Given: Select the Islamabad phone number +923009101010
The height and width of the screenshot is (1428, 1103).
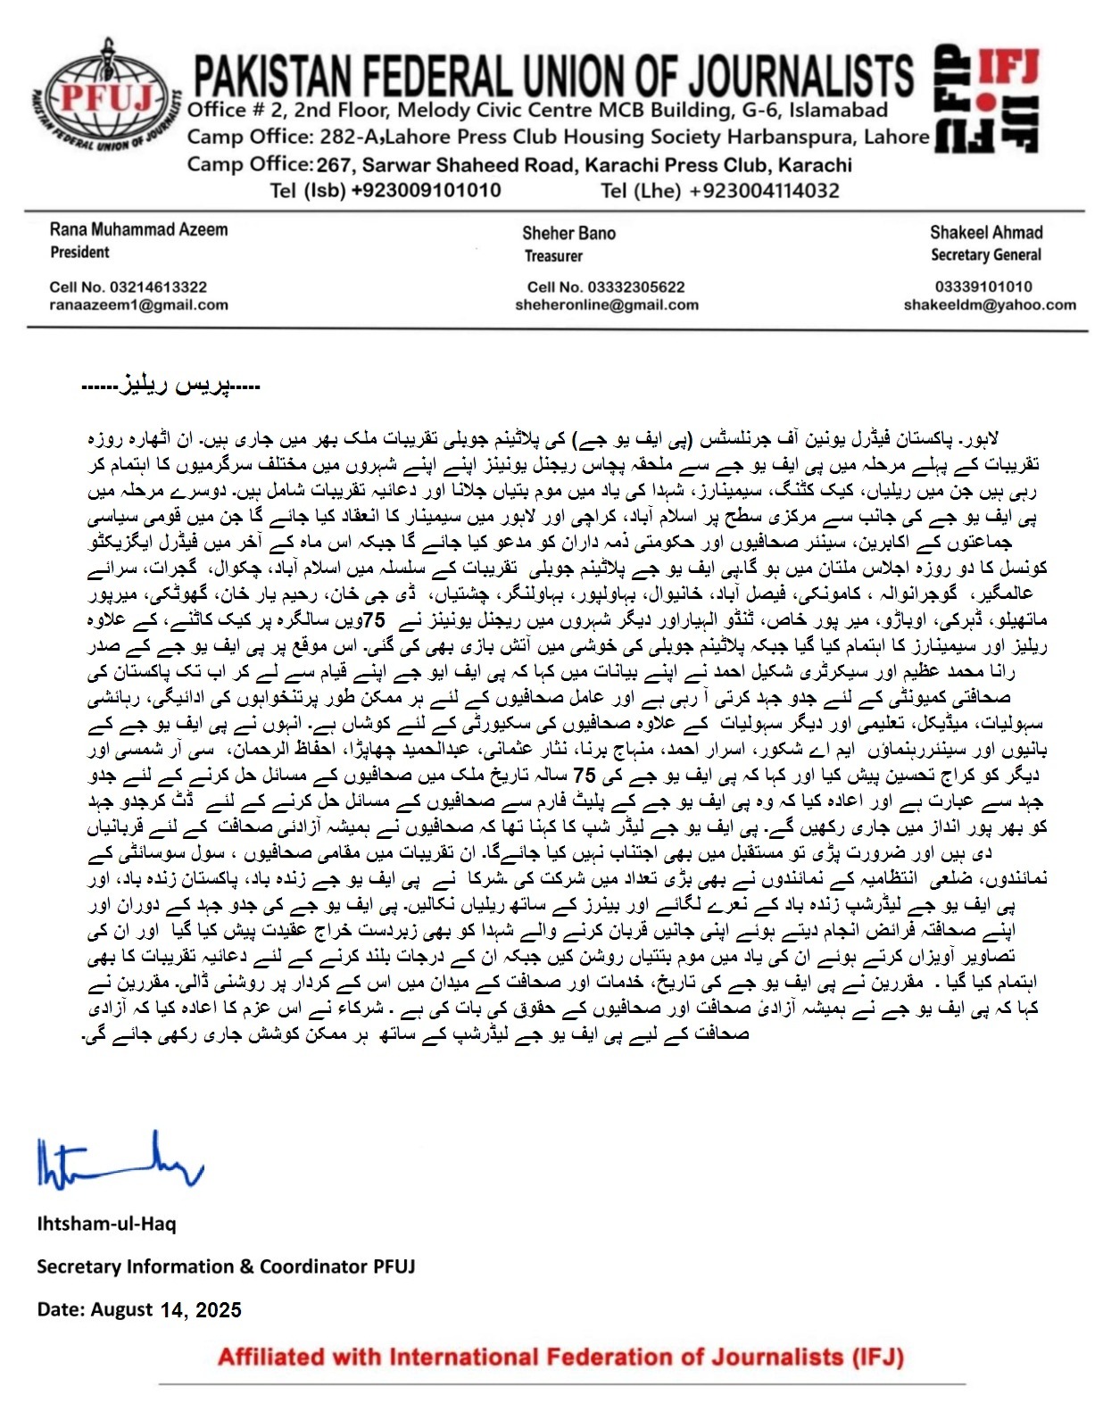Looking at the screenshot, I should (x=426, y=190).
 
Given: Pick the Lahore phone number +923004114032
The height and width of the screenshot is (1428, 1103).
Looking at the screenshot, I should (x=765, y=190).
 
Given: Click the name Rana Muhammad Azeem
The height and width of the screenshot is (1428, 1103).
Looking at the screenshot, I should (x=138, y=229).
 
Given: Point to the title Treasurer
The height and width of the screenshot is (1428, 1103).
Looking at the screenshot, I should (x=553, y=256).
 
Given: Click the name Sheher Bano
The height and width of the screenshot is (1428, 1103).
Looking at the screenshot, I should (x=568, y=233).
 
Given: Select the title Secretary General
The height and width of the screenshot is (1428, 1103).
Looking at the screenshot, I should (x=985, y=255).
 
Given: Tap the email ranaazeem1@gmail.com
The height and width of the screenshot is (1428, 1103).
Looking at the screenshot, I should (x=138, y=305).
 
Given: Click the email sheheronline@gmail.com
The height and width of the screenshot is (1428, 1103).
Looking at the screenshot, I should (x=606, y=305).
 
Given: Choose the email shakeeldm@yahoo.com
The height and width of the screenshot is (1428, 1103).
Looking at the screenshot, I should (x=990, y=305).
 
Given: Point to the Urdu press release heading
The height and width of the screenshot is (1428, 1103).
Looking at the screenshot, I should (x=170, y=386).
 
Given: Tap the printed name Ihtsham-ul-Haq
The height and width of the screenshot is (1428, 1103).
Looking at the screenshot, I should (x=106, y=1224).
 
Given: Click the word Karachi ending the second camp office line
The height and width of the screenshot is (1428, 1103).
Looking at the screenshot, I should (x=815, y=165).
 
